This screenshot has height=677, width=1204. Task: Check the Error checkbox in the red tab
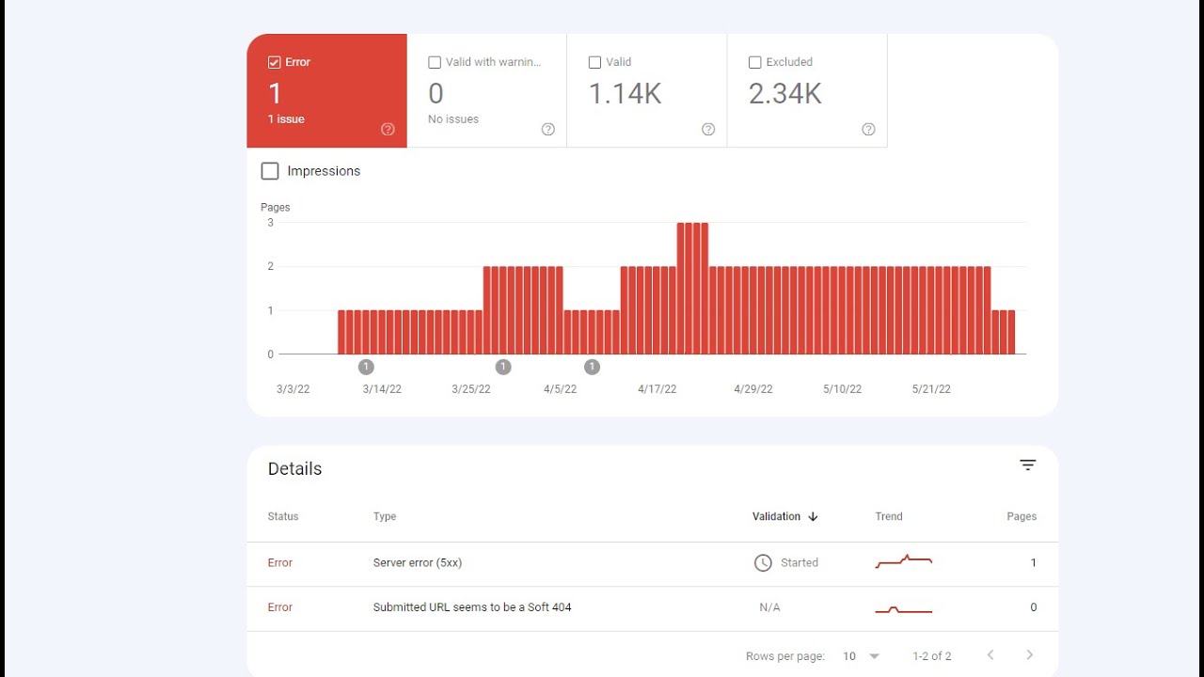(x=275, y=62)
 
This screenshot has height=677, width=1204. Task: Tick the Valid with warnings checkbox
(x=435, y=62)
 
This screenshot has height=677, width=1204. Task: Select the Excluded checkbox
(x=754, y=62)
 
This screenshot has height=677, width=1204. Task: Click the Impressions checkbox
(x=270, y=171)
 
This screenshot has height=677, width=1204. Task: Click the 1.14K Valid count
(x=625, y=93)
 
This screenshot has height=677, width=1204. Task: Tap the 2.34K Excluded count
(x=784, y=93)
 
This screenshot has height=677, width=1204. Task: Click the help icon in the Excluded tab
(x=868, y=130)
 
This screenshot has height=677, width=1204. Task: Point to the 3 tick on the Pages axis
(x=271, y=223)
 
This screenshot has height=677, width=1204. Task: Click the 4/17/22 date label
(x=657, y=389)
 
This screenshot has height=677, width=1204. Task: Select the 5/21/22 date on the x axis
(x=931, y=389)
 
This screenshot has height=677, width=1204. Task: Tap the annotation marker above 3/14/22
(x=366, y=367)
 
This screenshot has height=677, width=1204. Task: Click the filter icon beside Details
(x=1028, y=465)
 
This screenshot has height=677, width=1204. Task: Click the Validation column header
(x=777, y=516)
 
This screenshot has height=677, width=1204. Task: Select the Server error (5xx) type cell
(x=418, y=562)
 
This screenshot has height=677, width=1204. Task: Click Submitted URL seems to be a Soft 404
(x=472, y=607)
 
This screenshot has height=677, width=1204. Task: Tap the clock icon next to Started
(x=763, y=562)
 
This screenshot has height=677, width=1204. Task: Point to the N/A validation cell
(x=769, y=607)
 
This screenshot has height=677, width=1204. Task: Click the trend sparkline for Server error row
(x=903, y=561)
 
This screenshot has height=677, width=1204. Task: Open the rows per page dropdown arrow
(x=875, y=656)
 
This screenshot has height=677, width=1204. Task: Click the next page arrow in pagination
(x=1029, y=655)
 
